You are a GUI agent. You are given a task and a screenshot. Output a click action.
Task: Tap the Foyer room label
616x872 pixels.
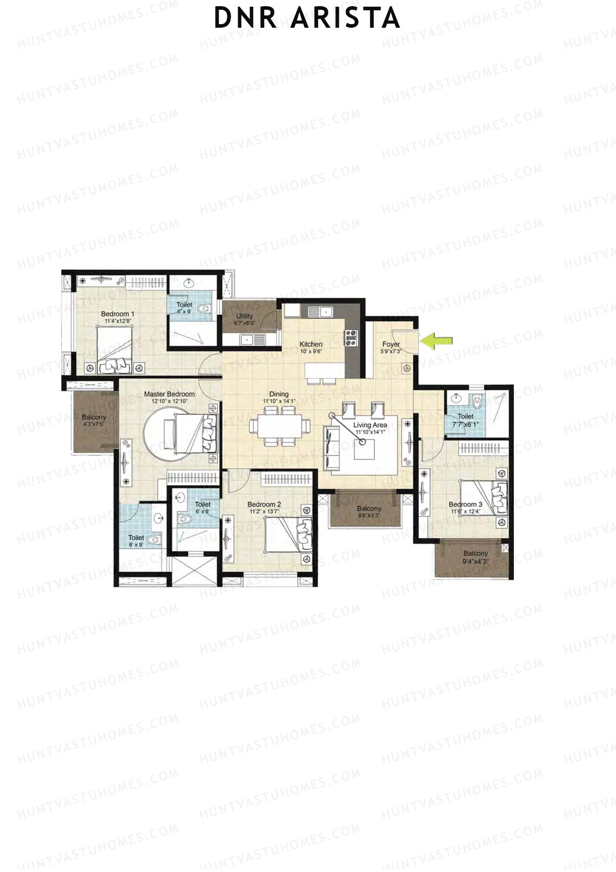point(391,344)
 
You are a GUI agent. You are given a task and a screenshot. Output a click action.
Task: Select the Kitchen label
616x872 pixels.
point(311,344)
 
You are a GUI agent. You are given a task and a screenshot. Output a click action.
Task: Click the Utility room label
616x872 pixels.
point(244,316)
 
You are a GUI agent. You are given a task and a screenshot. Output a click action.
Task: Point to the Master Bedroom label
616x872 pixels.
point(169,394)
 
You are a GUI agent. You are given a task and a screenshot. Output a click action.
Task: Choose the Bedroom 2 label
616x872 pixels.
point(264,505)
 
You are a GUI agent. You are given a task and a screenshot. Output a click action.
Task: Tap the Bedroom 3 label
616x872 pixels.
point(465,505)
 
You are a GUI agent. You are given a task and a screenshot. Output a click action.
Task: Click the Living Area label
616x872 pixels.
point(370,425)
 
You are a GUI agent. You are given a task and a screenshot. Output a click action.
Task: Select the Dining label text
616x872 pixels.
point(279,394)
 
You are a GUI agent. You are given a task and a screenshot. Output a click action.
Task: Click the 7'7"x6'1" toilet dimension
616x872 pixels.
point(466,424)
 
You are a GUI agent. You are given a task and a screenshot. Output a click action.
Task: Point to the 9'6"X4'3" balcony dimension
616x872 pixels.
point(369,515)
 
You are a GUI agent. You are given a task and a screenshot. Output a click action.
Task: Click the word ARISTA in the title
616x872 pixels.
point(345,18)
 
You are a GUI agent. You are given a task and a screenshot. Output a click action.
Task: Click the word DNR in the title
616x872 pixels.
point(246,18)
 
